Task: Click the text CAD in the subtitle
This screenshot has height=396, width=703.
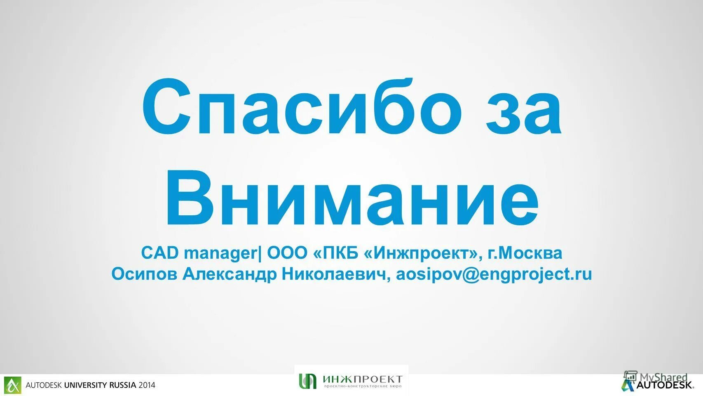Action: point(160,253)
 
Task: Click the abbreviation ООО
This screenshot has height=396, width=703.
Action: point(287,253)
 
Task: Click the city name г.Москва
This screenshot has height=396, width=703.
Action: point(525,253)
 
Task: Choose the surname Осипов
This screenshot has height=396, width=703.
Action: point(145,274)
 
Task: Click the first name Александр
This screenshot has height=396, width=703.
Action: point(230,274)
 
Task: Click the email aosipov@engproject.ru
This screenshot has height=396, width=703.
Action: point(494,274)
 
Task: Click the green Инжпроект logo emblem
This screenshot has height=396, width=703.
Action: point(308,380)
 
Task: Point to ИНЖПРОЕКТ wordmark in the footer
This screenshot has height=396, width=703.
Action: point(362,379)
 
